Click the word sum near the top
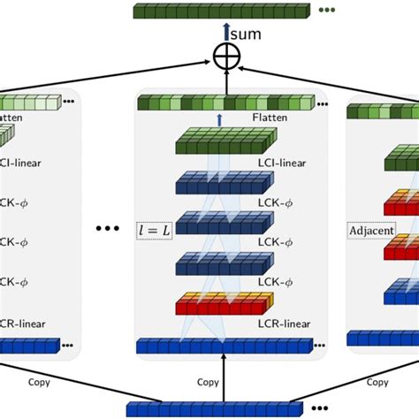246,34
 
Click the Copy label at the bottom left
39,382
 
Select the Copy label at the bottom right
377,382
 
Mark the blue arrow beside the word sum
227,34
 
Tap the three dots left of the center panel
107,228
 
